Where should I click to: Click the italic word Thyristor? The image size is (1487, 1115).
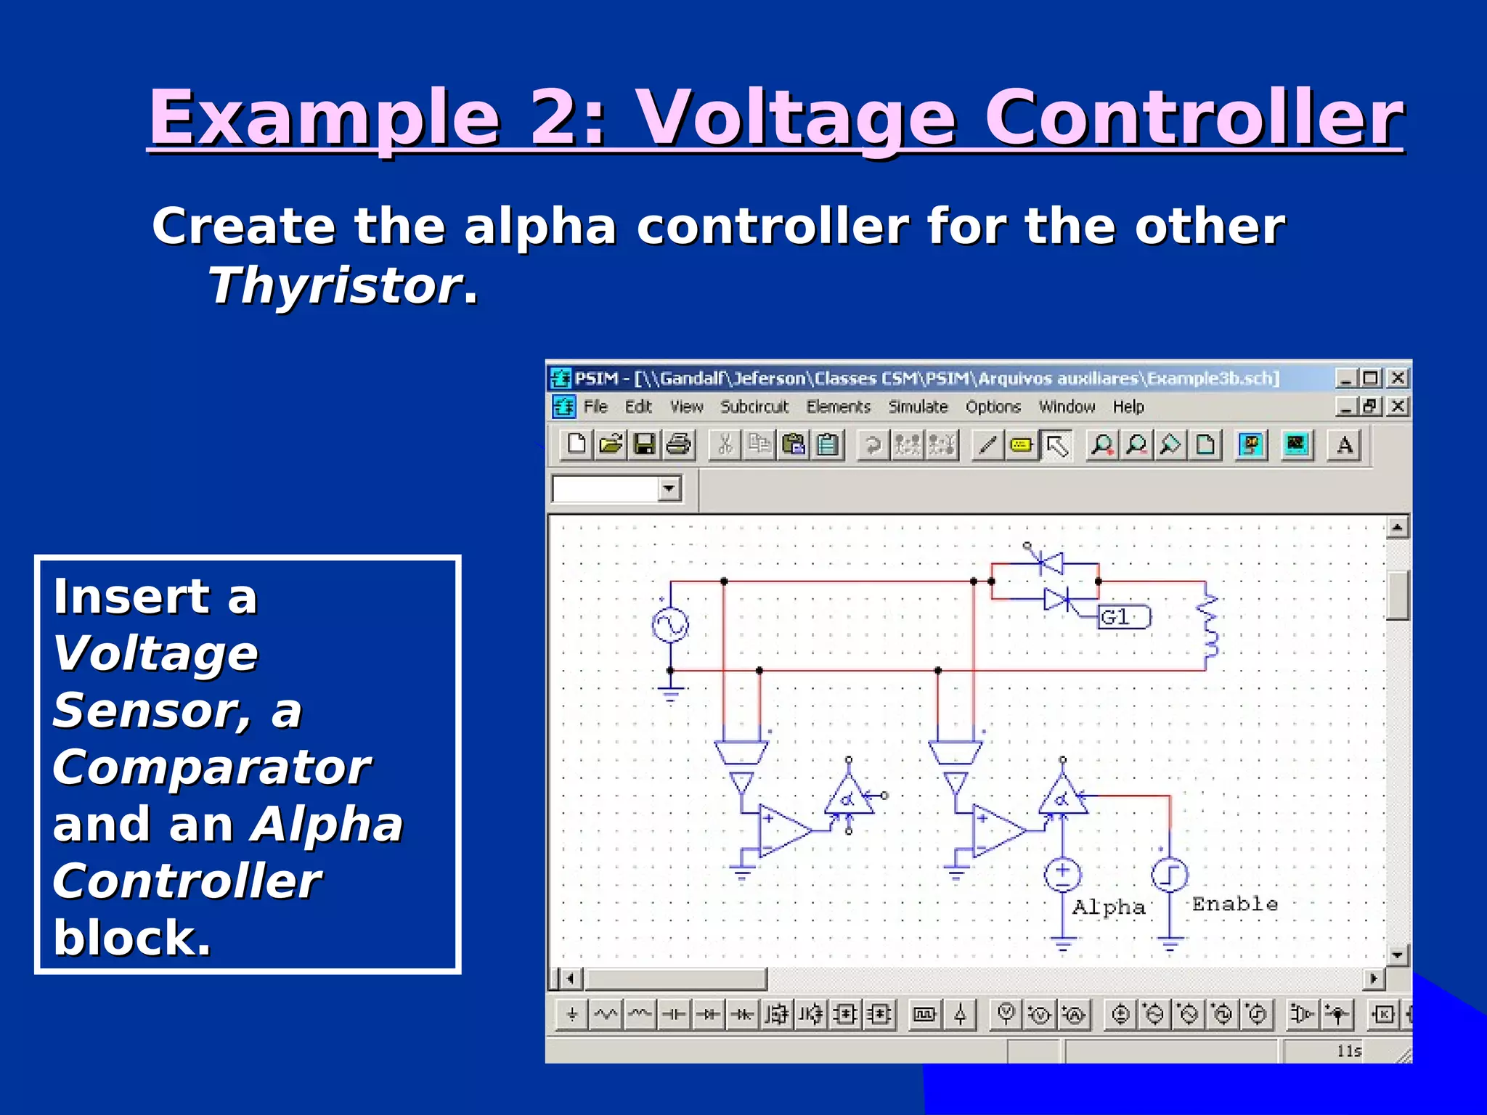(335, 285)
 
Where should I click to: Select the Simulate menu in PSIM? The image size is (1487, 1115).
(918, 407)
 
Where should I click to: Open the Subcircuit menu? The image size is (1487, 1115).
(754, 407)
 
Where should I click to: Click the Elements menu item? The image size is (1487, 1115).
(838, 407)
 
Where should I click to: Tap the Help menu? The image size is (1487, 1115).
(1128, 407)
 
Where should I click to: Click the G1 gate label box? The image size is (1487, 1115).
(1123, 617)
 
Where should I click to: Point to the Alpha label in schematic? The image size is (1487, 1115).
(1109, 907)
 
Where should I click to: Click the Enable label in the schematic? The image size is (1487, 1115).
(1234, 904)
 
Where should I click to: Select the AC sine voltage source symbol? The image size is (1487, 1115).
(669, 625)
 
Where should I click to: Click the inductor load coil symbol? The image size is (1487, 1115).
(1208, 626)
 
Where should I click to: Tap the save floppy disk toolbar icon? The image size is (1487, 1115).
(644, 444)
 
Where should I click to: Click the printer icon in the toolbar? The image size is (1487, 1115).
(679, 444)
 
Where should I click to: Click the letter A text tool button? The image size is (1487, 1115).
(1344, 444)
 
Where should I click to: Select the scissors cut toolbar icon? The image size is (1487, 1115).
(725, 444)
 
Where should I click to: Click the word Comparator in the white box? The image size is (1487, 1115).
(211, 767)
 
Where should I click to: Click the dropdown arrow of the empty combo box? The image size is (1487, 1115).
(669, 488)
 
